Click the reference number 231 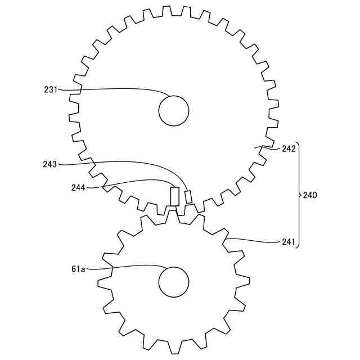tap(51, 89)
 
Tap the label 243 tap(49, 164)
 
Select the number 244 tap(78, 188)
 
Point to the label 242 tap(289, 149)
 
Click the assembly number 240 tap(310, 195)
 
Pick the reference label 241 tap(288, 242)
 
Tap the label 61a tap(78, 269)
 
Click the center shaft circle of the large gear tap(174, 111)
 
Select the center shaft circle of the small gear tap(174, 282)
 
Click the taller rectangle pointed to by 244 tap(175, 196)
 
